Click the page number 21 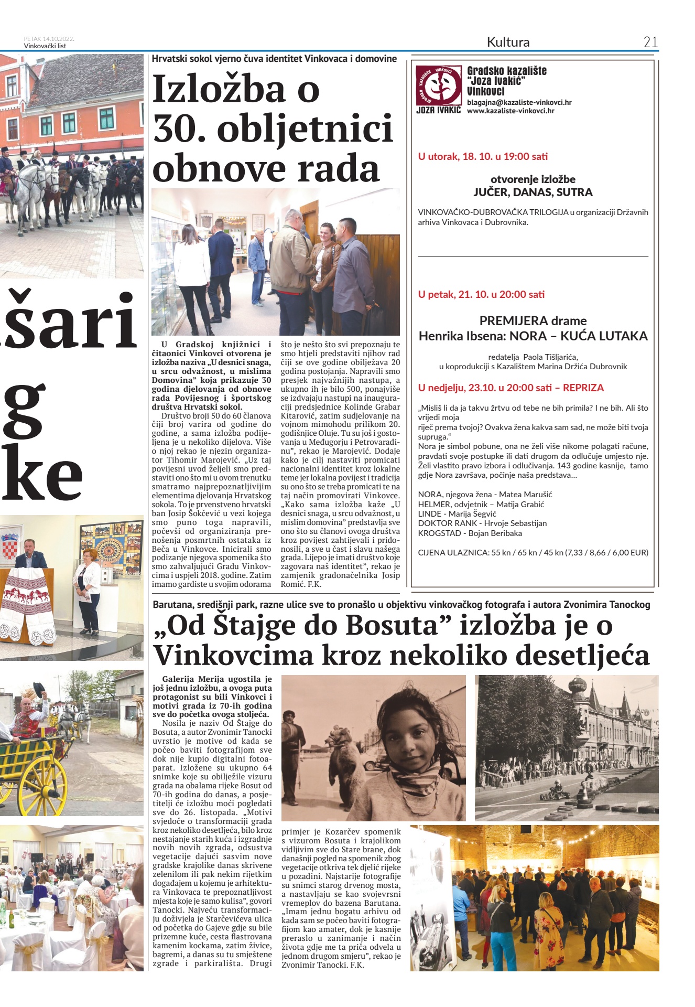(x=650, y=42)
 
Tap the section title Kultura (x=508, y=42)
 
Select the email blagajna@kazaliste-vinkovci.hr (x=519, y=102)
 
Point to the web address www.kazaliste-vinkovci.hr (x=511, y=111)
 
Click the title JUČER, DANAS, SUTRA (x=533, y=192)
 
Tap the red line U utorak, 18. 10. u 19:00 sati (x=483, y=156)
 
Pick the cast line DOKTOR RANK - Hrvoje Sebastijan (x=482, y=523)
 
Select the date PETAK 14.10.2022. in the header (x=49, y=38)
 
